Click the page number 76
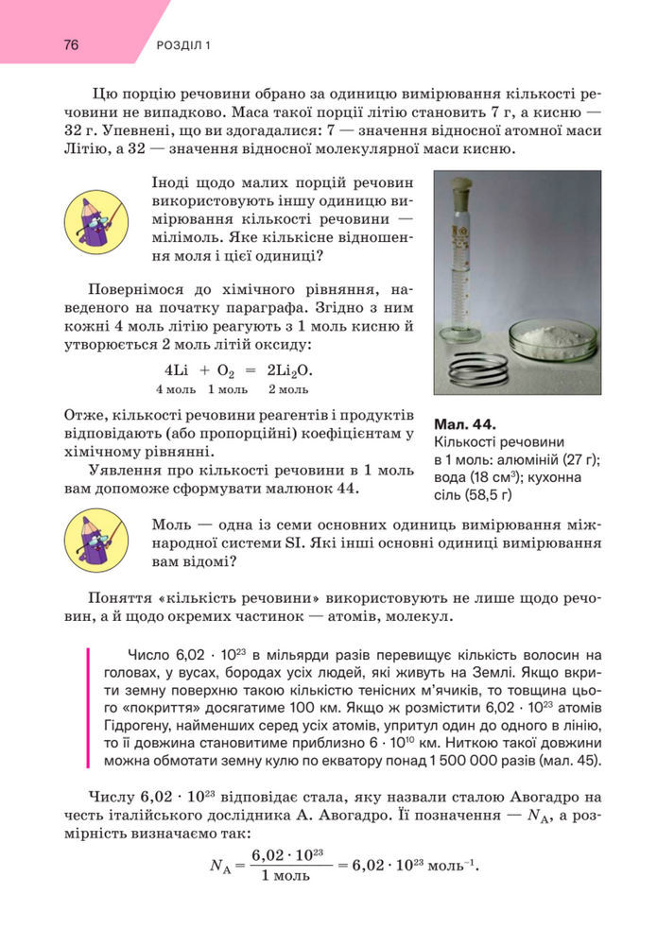coord(72,44)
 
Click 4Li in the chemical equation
coord(178,370)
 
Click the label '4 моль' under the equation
coord(176,388)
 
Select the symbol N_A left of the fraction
coord(220,864)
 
